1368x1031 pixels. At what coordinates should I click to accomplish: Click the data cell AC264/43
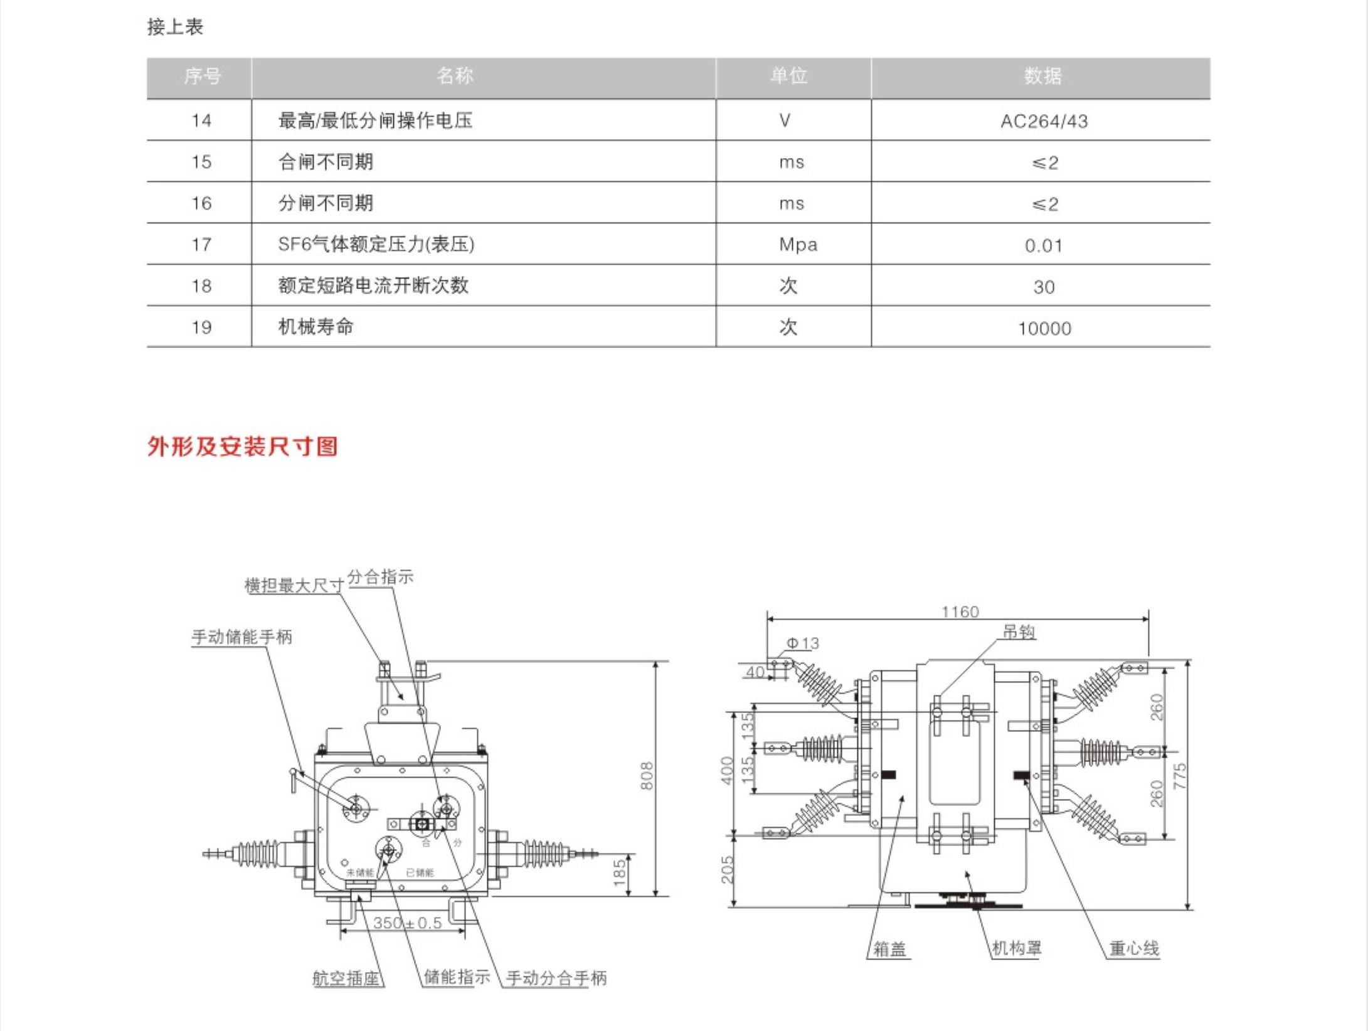coord(1044,121)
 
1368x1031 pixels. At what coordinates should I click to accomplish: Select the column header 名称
coord(455,76)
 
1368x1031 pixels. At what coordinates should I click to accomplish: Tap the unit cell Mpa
coord(798,245)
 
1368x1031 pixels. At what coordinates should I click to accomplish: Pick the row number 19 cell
coord(201,327)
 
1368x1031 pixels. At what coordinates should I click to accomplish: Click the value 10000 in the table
coord(1044,329)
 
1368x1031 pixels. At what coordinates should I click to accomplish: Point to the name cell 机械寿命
coord(315,327)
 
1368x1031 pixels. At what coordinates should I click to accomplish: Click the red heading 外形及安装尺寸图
coord(243,447)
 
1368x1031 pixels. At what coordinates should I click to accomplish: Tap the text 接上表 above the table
coord(175,27)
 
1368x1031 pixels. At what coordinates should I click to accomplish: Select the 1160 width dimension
coord(960,611)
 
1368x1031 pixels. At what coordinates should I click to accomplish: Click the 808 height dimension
coord(647,776)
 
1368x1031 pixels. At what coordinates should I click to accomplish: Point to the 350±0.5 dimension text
coord(407,923)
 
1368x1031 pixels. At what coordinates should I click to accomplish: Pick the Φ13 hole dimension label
coord(803,643)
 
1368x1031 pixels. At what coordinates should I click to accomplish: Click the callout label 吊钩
coord(1019,632)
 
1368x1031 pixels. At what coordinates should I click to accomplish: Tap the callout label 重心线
coord(1134,948)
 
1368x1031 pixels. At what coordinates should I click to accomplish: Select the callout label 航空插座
coord(347,978)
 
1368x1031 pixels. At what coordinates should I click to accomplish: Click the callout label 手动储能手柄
coord(241,637)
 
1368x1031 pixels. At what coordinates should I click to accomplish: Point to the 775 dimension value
coord(1180,776)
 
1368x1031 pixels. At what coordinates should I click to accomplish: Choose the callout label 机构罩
coord(1016,948)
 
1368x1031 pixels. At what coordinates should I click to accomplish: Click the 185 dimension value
coord(620,872)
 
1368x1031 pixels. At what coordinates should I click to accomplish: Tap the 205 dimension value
coord(728,870)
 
